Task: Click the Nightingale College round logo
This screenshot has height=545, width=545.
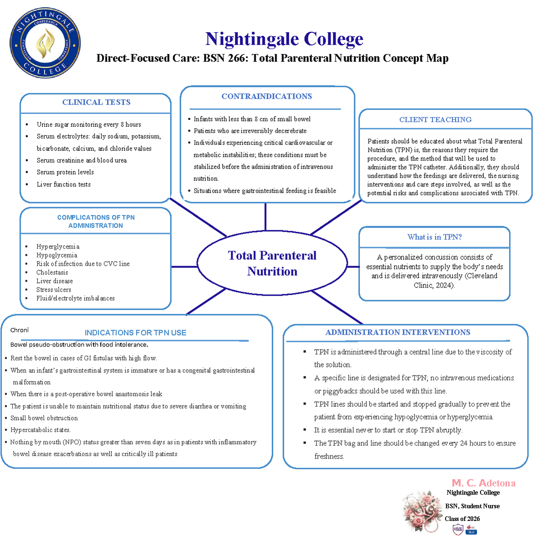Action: click(x=45, y=43)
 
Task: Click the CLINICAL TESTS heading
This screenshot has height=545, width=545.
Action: click(x=96, y=102)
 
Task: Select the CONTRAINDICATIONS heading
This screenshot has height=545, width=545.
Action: click(x=267, y=96)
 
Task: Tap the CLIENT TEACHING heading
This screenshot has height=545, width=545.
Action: click(x=435, y=119)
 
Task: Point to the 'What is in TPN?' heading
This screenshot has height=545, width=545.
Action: click(x=434, y=237)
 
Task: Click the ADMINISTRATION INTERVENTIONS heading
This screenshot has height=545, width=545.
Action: click(x=397, y=332)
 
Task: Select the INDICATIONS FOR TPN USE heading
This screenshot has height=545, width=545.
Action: click(x=135, y=332)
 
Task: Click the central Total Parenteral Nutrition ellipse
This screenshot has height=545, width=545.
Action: click(x=272, y=263)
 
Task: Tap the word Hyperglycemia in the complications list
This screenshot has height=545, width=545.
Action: click(x=58, y=247)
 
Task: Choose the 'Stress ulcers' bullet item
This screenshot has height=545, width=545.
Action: click(x=54, y=290)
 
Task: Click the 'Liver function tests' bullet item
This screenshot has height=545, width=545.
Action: click(x=64, y=184)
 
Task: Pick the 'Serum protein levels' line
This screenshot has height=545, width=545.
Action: click(x=65, y=172)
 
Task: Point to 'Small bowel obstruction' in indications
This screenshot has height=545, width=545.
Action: click(x=44, y=418)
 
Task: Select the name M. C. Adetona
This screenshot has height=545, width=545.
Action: click(x=483, y=483)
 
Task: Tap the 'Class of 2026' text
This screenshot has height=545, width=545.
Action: click(x=462, y=519)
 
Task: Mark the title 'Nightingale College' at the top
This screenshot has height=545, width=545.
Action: click(x=284, y=39)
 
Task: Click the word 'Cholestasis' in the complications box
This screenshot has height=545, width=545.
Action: click(x=52, y=272)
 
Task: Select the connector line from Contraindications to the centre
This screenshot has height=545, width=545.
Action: click(x=265, y=217)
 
